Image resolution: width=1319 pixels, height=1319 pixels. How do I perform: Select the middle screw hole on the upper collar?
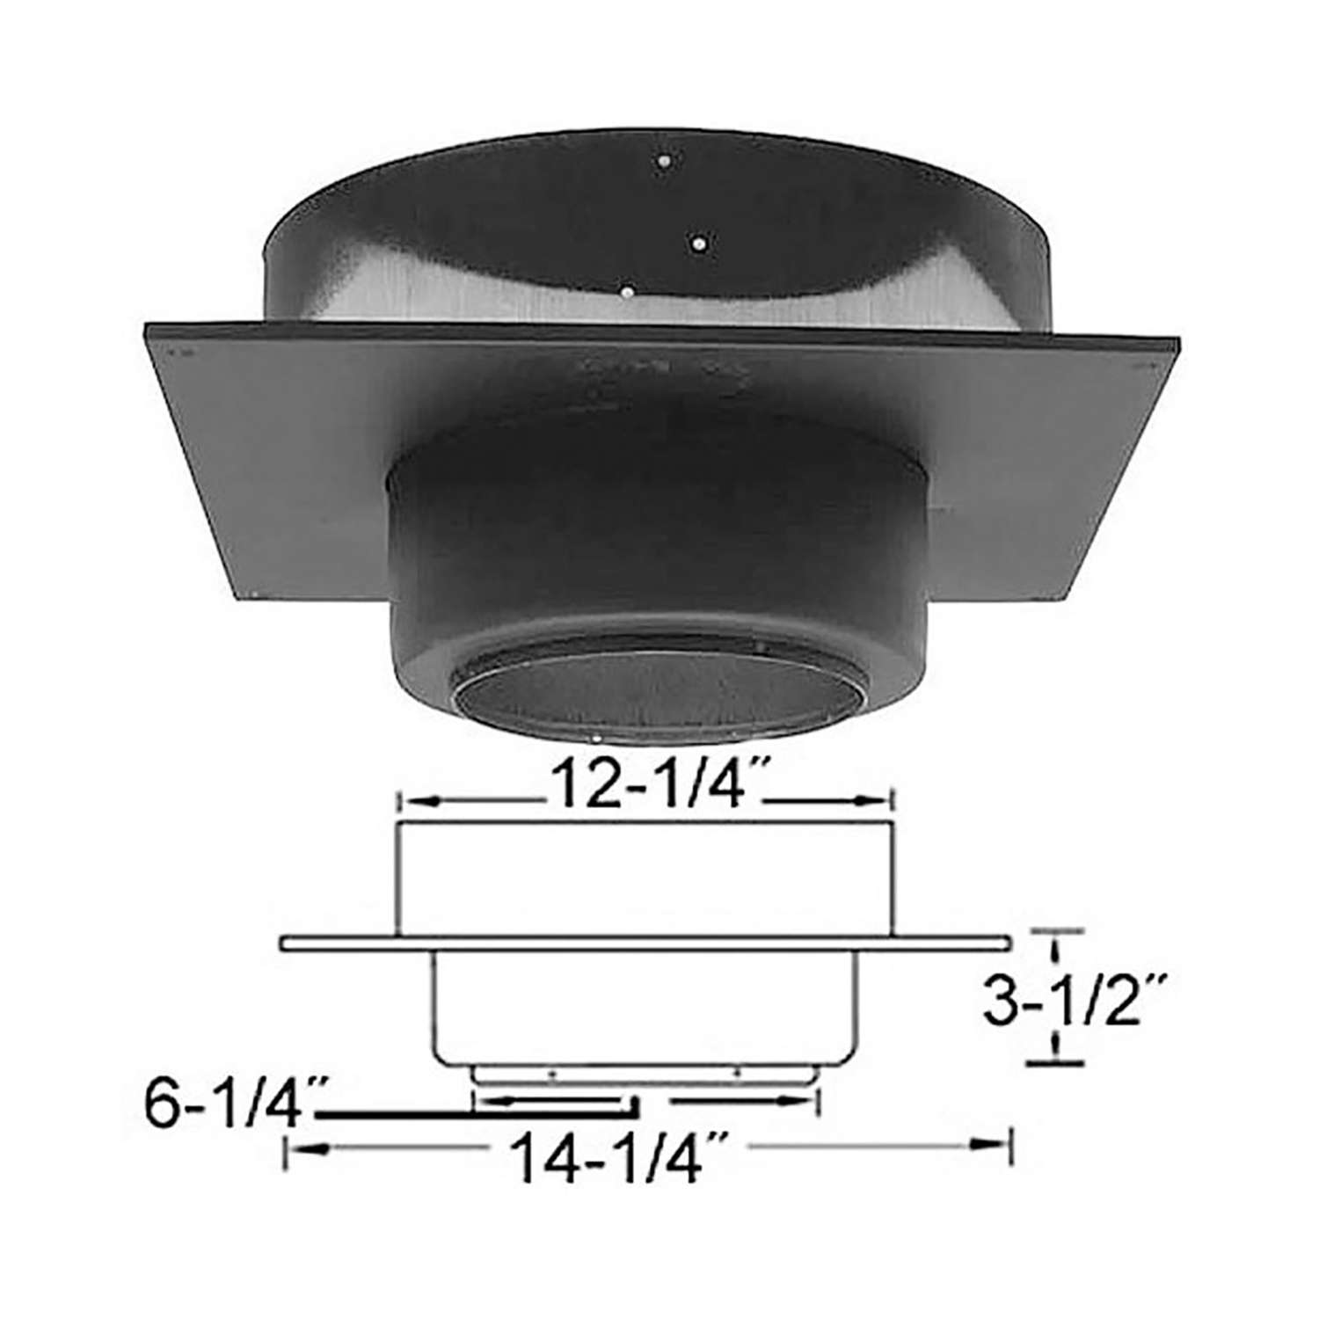[698, 241]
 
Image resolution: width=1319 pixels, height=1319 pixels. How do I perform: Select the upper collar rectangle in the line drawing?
[646, 879]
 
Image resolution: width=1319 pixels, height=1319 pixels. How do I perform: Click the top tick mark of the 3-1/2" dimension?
[1055, 930]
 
